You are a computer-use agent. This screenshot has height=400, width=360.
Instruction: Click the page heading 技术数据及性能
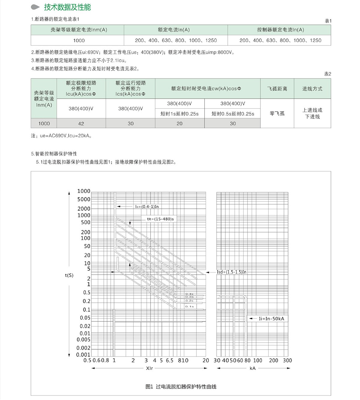(67, 7)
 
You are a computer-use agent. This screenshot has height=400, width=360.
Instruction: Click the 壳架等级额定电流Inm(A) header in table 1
(79, 30)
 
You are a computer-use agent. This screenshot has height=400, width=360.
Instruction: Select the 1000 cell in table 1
(79, 41)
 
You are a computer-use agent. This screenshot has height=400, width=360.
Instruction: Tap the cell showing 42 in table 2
(81, 123)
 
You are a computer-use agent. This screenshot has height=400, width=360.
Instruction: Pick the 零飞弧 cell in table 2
(277, 113)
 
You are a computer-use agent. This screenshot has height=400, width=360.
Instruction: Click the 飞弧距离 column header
(277, 89)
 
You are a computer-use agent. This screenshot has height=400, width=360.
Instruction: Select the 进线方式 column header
(312, 89)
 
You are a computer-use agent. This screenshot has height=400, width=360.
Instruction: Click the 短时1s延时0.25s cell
(179, 114)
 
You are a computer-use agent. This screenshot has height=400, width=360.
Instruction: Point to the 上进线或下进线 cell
(312, 113)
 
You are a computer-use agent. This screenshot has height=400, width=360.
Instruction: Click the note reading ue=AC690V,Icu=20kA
(61, 136)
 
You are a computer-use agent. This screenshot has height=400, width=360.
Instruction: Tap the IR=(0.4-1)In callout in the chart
(147, 206)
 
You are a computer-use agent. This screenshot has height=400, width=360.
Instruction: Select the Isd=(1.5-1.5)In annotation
(232, 272)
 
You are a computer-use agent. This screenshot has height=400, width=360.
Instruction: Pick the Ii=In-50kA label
(271, 319)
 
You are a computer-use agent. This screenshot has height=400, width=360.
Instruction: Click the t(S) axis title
(69, 275)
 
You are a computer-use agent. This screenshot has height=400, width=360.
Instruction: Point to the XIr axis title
(149, 368)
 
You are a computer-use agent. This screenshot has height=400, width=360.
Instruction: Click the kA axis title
(253, 368)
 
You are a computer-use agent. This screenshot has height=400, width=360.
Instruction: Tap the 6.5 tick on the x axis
(169, 360)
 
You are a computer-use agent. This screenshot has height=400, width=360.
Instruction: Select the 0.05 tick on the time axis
(85, 318)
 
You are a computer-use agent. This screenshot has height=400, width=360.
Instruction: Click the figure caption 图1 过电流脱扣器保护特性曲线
(181, 386)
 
